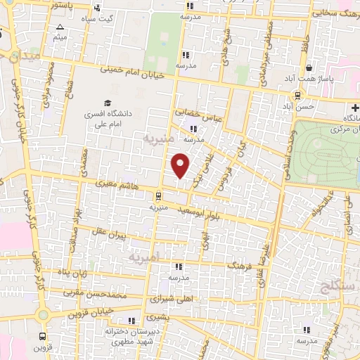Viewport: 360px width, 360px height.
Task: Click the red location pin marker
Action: [x=181, y=165]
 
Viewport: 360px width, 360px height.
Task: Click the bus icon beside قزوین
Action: [x=44, y=336]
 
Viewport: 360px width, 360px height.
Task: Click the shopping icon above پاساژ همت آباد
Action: [x=309, y=67]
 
